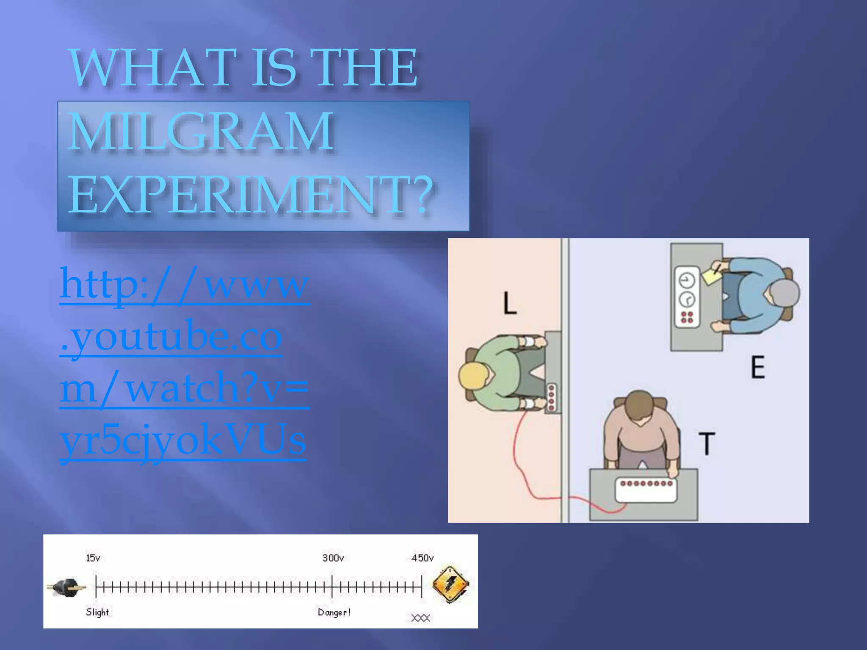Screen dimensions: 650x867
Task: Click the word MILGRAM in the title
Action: tap(201, 131)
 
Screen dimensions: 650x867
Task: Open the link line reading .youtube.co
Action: tap(171, 337)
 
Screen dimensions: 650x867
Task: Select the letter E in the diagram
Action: tap(758, 367)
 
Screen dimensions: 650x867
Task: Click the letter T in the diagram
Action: tap(706, 443)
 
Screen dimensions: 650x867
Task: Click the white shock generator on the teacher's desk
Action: tap(646, 490)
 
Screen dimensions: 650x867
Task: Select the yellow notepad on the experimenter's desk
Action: tap(712, 275)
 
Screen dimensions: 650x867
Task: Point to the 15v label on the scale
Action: tap(93, 558)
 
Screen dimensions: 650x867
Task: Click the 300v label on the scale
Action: tap(333, 558)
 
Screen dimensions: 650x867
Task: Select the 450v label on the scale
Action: tap(422, 558)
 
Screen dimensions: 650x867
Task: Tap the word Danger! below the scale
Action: tap(334, 612)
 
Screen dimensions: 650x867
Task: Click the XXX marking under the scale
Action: tap(420, 618)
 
